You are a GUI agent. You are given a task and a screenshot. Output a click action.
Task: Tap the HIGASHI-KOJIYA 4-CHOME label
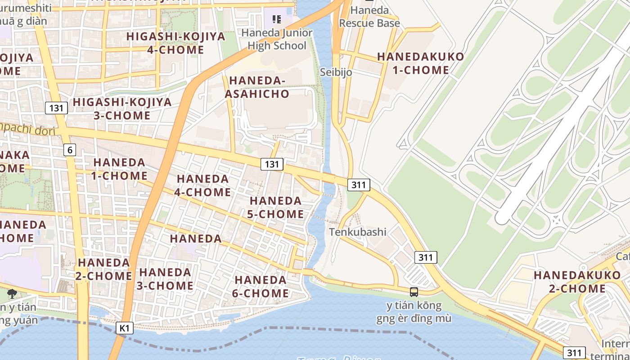click(x=175, y=43)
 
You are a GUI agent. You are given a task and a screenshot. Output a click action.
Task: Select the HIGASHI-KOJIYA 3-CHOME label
click(x=122, y=109)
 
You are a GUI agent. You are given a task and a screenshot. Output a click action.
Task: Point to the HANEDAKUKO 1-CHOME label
click(x=420, y=63)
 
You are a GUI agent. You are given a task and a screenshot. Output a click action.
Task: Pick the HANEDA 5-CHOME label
click(x=275, y=207)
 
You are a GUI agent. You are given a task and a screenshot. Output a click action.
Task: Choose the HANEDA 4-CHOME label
click(x=203, y=185)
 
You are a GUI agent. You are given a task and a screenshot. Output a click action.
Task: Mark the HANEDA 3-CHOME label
click(x=166, y=279)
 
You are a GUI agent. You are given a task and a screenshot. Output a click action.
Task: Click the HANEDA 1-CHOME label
click(x=119, y=169)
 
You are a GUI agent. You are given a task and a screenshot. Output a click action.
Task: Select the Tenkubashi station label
click(x=358, y=232)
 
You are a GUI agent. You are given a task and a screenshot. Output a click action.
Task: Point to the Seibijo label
click(x=336, y=72)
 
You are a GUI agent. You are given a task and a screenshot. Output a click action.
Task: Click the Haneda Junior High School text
click(x=277, y=39)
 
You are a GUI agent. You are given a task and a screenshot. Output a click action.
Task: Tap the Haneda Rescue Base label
click(x=369, y=17)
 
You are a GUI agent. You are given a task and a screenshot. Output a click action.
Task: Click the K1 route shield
click(x=125, y=328)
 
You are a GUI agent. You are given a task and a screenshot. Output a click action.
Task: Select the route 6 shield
click(x=69, y=150)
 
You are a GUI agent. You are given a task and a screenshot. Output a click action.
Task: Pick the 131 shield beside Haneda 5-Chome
click(x=272, y=164)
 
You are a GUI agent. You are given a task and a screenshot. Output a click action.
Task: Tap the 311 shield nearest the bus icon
click(x=425, y=257)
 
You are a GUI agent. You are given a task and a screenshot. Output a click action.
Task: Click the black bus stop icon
click(x=414, y=292)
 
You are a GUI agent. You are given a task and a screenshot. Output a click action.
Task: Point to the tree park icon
click(x=11, y=294)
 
